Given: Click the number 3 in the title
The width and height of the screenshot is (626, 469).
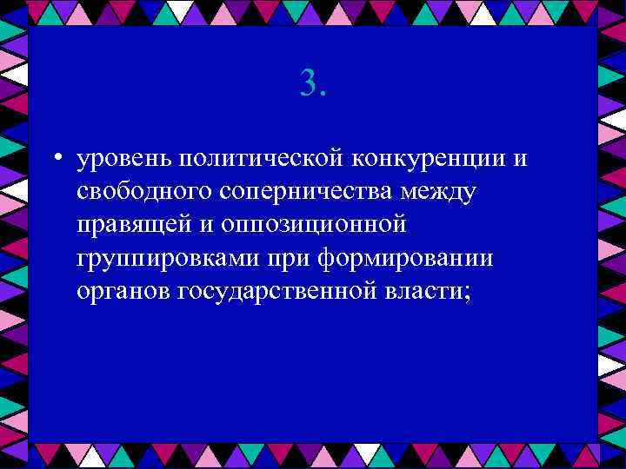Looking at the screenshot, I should pos(308,83).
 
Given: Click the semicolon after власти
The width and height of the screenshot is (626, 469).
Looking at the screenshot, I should pos(470,293).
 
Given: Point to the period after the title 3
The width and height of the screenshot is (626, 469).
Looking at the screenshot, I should pos(323,94).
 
